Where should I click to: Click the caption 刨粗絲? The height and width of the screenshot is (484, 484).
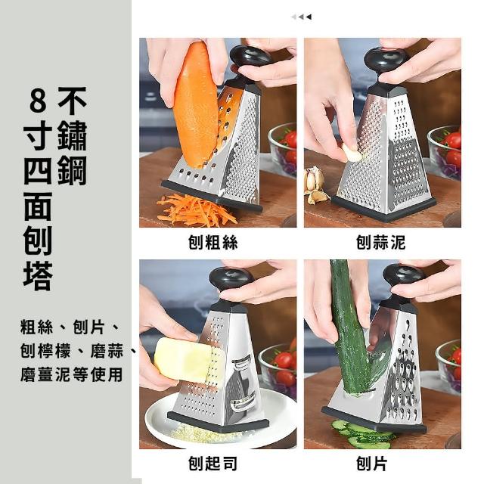pyautogui.click(x=213, y=242)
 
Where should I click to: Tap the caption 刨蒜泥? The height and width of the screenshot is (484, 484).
pyautogui.click(x=380, y=242)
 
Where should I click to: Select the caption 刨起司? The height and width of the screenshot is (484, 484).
pyautogui.click(x=213, y=464)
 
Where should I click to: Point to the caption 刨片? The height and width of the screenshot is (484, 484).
pyautogui.click(x=371, y=464)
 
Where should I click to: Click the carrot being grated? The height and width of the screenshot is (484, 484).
pyautogui.click(x=196, y=105)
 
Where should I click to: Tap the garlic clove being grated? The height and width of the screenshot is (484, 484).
pyautogui.click(x=352, y=153)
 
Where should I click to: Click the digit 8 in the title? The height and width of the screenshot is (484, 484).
pyautogui.click(x=38, y=101)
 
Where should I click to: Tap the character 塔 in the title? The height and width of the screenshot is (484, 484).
pyautogui.click(x=38, y=276)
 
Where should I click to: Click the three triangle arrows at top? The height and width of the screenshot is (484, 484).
pyautogui.click(x=301, y=17)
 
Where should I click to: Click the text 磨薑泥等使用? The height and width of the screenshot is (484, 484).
pyautogui.click(x=71, y=374)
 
